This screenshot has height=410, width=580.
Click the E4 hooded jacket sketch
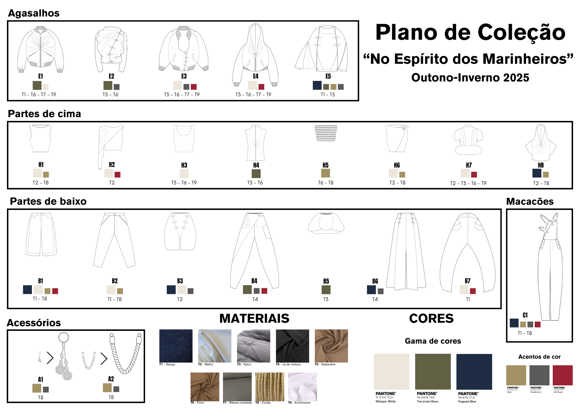click(x=255, y=54)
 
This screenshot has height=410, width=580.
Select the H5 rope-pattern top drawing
click(x=326, y=133)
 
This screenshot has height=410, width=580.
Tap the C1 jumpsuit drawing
click(x=549, y=267)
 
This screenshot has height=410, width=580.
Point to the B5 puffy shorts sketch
click(x=326, y=223)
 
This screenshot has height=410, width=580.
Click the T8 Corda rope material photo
click(x=270, y=387)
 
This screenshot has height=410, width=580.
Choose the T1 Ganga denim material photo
click(x=176, y=346)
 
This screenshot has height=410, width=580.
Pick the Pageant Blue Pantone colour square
click(x=474, y=371)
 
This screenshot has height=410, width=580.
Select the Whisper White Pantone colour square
click(x=391, y=371)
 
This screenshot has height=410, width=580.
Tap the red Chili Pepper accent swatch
click(x=563, y=375)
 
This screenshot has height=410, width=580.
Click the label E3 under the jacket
click(x=184, y=76)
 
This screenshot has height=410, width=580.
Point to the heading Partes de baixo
click(x=48, y=201)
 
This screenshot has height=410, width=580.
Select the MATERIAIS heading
click(x=254, y=318)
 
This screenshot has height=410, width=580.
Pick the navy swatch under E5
click(x=317, y=85)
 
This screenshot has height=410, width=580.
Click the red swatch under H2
click(x=117, y=175)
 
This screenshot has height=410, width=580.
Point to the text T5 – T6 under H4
click(x=255, y=183)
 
